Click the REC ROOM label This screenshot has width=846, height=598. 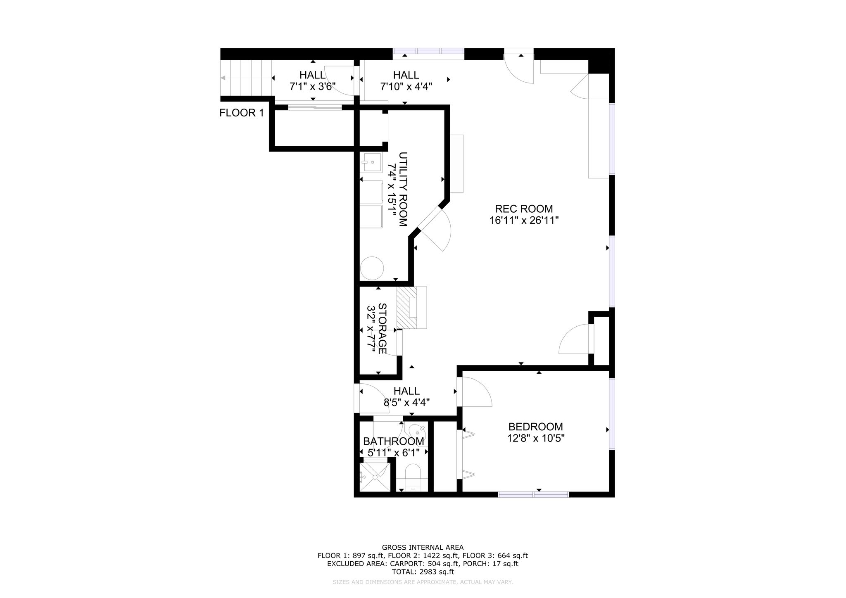coord(524,209)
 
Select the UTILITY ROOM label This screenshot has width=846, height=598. coord(403,189)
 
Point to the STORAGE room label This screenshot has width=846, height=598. coord(382,329)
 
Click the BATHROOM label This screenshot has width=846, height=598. coord(394,441)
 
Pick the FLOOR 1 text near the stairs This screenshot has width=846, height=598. coord(241,113)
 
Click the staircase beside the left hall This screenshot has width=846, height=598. coord(246,78)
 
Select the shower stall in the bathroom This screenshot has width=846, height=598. coord(375,477)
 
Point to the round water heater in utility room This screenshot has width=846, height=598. coord(372,268)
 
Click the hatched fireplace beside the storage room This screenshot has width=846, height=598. coord(407,308)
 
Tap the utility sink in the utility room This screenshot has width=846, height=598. coord(372,162)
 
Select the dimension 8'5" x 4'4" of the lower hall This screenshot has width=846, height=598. coord(407,403)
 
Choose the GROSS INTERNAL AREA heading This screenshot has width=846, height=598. coord(423,548)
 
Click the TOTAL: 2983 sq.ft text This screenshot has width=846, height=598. coord(423,572)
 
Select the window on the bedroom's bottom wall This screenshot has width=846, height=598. coord(533,494)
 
